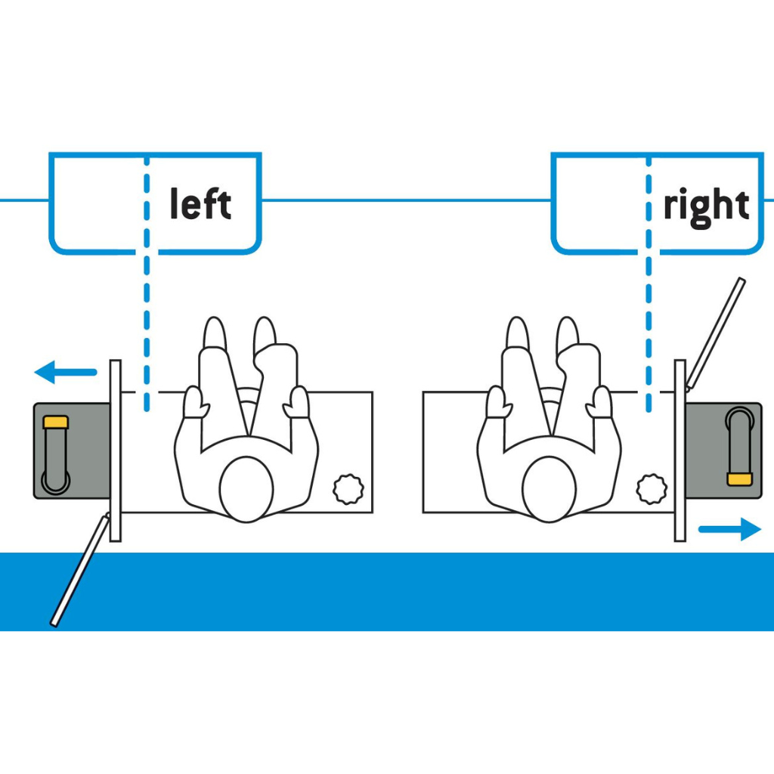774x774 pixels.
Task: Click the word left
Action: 200,204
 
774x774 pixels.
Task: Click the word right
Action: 706,206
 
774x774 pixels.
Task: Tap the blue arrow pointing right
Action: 729,529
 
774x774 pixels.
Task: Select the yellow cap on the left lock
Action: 56,422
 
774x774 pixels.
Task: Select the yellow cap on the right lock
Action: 738,478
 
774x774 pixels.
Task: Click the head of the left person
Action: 246,488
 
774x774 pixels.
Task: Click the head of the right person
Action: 550,488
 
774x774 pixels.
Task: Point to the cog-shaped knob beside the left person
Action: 349,490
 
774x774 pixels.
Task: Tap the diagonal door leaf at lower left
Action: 79,570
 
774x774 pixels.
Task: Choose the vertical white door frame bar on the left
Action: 116,450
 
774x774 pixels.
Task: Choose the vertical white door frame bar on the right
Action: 680,450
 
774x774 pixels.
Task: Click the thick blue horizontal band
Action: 387,591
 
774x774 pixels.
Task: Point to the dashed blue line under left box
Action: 147,325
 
